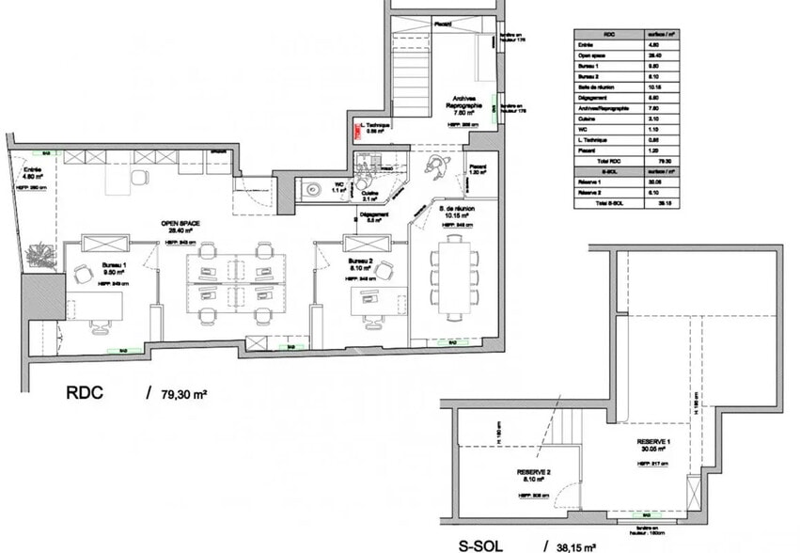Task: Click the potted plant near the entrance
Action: click(x=40, y=254)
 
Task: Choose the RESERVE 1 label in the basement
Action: click(x=652, y=442)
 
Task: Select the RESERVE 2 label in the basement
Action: click(x=533, y=472)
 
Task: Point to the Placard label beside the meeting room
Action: click(x=478, y=166)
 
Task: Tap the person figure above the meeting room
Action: click(x=434, y=165)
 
